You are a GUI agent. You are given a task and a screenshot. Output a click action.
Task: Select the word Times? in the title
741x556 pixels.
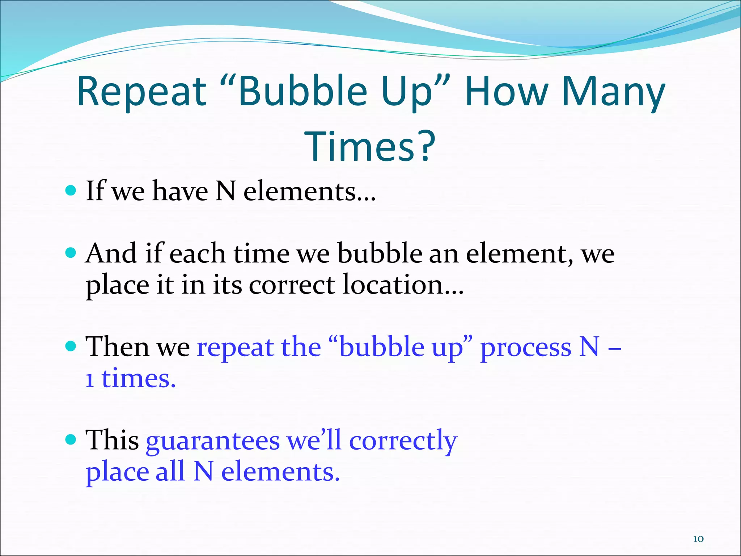[x=371, y=146]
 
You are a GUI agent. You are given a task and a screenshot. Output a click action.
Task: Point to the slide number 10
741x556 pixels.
[x=698, y=539]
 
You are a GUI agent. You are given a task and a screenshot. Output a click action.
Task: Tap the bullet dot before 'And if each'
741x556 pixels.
[x=71, y=252]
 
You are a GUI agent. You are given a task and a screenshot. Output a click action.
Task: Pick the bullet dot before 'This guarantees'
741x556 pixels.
[x=71, y=439]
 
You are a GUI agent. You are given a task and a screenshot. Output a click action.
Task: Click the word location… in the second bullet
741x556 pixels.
[x=403, y=285]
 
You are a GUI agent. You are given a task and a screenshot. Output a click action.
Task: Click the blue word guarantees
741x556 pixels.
[x=213, y=441]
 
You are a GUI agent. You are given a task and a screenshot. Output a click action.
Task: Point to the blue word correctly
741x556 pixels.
[x=403, y=441]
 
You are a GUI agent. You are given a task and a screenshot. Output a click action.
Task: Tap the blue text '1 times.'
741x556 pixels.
[x=130, y=379]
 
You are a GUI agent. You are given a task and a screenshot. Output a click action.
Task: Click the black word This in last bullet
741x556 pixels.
[x=112, y=440]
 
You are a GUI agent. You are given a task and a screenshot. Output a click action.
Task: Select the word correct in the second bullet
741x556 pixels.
[x=292, y=285]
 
